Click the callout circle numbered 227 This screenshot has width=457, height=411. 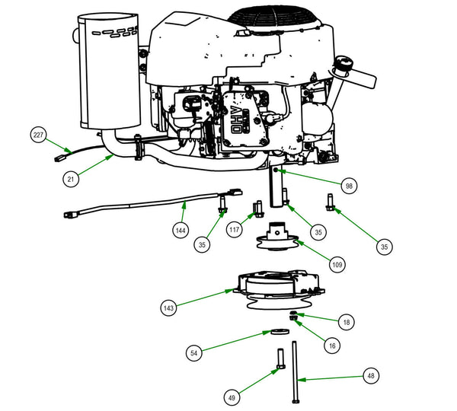coord(39,135)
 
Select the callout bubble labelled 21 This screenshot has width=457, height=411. coord(71,178)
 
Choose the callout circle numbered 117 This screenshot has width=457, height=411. coord(235,228)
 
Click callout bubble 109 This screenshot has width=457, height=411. coord(336,264)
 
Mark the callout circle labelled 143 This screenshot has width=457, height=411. coord(169,307)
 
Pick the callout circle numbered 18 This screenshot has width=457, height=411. coord(347,323)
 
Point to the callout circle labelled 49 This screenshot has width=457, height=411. coord(232,397)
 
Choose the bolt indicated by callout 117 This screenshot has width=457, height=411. coord(257,207)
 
